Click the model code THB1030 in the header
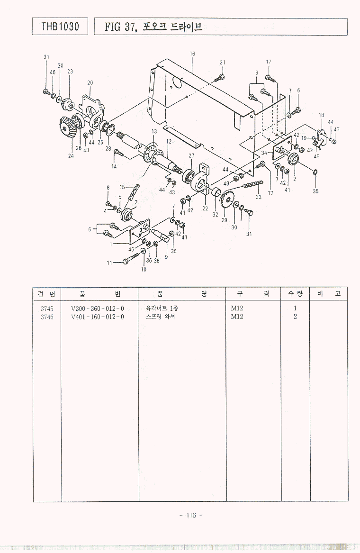pos(60,27)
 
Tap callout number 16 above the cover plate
pos(192,54)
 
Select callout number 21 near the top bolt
pos(222,63)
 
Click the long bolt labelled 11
pos(127,261)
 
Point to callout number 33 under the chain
pos(259,197)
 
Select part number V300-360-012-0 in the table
pos(97,308)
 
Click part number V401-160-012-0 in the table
pos(97,317)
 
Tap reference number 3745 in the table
pos(47,308)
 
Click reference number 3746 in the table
pos(47,317)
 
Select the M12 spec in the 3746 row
pos(237,317)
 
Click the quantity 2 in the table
pos(295,317)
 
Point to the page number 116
pos(191,516)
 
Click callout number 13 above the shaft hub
pos(154,131)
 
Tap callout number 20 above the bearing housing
pos(90,83)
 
